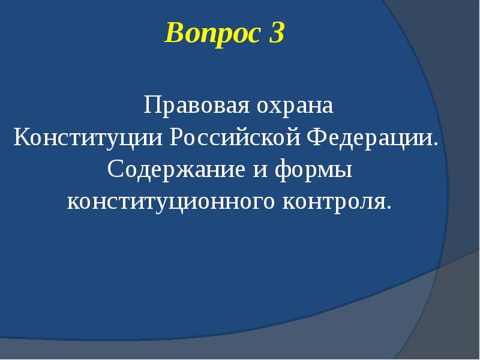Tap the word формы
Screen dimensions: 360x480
[x=313, y=170]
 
